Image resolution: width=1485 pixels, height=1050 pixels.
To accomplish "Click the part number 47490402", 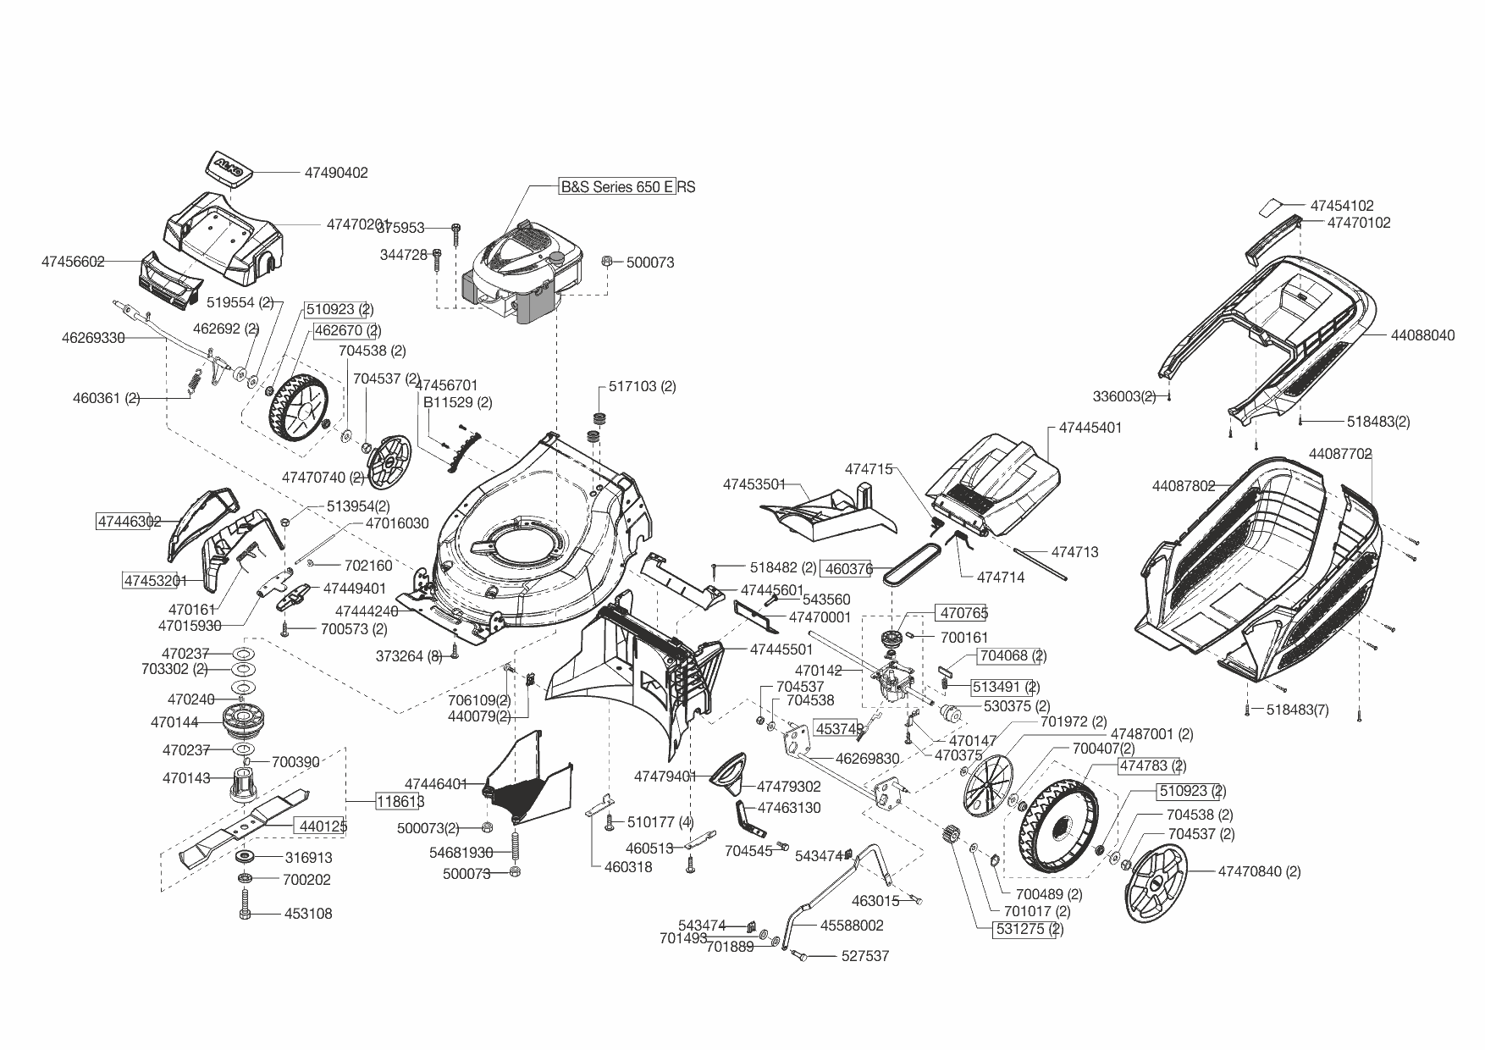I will pos(336,173).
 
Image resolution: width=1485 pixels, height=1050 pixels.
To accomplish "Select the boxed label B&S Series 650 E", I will pos(617,187).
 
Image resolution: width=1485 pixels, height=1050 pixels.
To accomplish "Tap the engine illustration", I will pos(523,271).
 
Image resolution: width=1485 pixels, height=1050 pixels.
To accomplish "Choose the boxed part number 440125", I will pos(321,826).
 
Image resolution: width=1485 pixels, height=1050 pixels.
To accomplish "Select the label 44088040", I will pos(1422,335).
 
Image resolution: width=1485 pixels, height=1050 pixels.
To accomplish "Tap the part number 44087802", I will pos(1183,486).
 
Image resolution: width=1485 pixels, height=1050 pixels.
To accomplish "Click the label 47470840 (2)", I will pos(1259,871).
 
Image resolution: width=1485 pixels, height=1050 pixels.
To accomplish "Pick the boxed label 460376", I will pos(847,569).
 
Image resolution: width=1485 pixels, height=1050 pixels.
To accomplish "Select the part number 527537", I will pos(864,956).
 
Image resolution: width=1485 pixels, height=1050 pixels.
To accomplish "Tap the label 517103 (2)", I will pos(643,386).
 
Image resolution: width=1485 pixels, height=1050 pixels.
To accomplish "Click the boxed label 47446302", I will pos(129,522).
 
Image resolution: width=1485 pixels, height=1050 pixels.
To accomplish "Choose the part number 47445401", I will pos(1090,428).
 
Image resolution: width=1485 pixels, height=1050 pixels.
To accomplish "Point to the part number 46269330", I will pos(93,338).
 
